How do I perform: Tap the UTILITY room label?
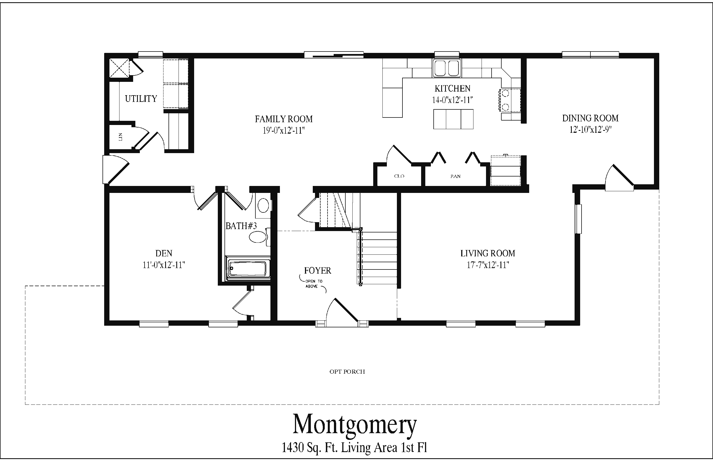(x=141, y=99)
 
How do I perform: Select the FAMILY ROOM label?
(x=284, y=119)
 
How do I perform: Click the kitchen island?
(x=453, y=119)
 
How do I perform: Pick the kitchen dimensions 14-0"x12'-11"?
(x=452, y=100)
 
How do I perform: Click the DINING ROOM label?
(x=590, y=118)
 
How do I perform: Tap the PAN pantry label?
(x=455, y=176)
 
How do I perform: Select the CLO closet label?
(x=399, y=176)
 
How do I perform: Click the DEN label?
(x=164, y=253)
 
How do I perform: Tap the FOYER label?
(x=318, y=271)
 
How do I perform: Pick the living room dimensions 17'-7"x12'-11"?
(x=488, y=265)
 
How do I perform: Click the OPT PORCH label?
(x=347, y=372)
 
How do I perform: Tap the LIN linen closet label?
(x=121, y=137)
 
